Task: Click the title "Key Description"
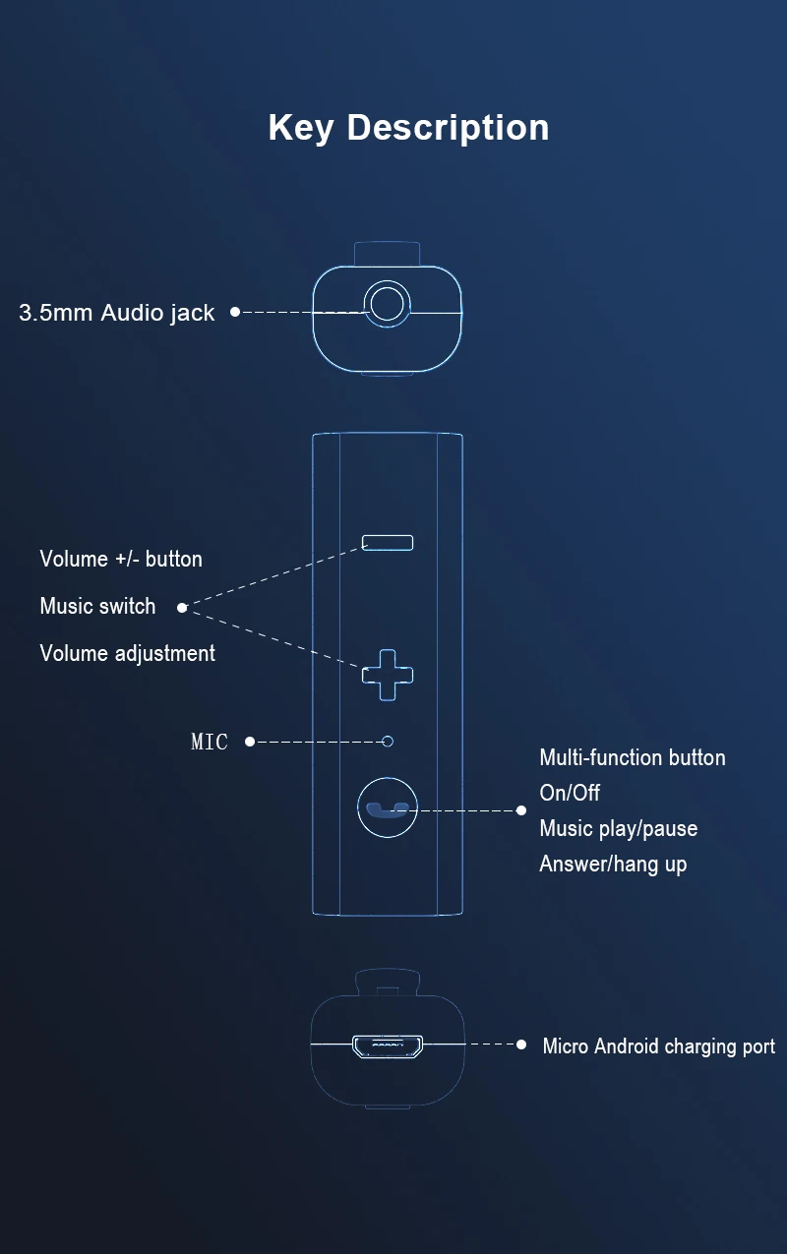point(408,128)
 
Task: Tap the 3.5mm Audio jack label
point(116,314)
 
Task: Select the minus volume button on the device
point(388,543)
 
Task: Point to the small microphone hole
point(388,741)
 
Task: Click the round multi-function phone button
point(388,808)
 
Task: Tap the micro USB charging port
point(388,1045)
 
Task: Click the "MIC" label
point(209,742)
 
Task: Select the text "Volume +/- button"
point(121,559)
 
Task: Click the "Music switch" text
point(97,606)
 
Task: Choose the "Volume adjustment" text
point(127,653)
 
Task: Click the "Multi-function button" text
point(632,757)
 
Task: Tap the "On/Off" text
point(570,793)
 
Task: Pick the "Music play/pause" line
point(618,828)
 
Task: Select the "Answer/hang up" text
point(613,865)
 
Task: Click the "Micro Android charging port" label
point(658,1045)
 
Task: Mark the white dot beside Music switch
point(181,608)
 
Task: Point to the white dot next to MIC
point(250,741)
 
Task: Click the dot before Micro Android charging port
point(521,1045)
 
